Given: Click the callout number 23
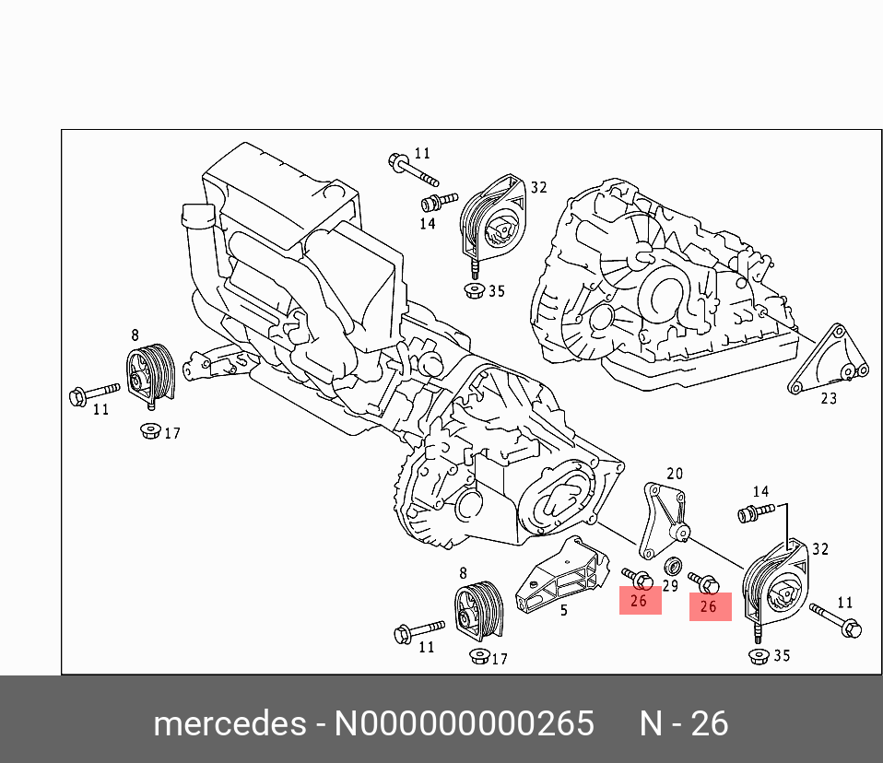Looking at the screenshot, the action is point(829,398).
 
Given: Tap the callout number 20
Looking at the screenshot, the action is point(674,474).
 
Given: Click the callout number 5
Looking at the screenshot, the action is point(563,609).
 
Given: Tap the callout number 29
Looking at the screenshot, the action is point(670,586).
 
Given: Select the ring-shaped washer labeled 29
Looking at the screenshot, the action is point(674,564).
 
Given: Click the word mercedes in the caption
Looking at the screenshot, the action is point(230,723).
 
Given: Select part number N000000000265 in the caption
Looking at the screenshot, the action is point(464,723).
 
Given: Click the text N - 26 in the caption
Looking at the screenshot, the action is point(684,723).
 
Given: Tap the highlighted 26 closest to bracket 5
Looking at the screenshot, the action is point(639,602).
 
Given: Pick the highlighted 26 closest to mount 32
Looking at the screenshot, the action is point(709,606).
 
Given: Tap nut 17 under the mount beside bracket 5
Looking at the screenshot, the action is point(478,656).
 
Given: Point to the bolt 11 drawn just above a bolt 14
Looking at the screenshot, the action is point(412,170).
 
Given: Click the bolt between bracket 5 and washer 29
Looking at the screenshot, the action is point(637,578).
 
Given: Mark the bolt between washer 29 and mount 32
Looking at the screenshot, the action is point(703,582).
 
